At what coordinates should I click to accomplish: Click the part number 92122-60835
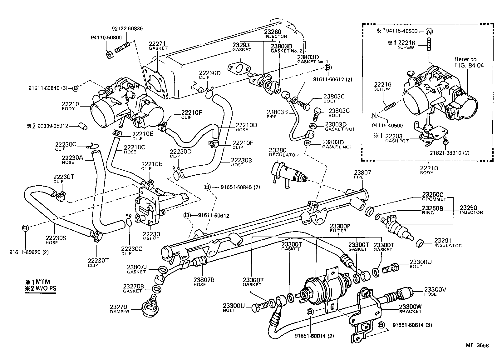point(127,29)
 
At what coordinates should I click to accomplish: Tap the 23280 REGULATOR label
point(284,152)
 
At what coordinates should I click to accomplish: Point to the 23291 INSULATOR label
point(448,243)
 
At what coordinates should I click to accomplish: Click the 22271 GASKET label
point(158,46)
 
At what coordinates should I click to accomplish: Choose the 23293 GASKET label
point(242,47)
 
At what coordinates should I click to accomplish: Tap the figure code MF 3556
point(477,345)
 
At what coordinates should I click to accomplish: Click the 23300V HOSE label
point(435,291)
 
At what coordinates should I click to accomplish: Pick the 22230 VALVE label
point(151,236)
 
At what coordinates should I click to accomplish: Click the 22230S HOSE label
point(52,240)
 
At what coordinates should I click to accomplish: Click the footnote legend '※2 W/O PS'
point(41,288)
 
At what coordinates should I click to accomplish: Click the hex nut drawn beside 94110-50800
point(110,55)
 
